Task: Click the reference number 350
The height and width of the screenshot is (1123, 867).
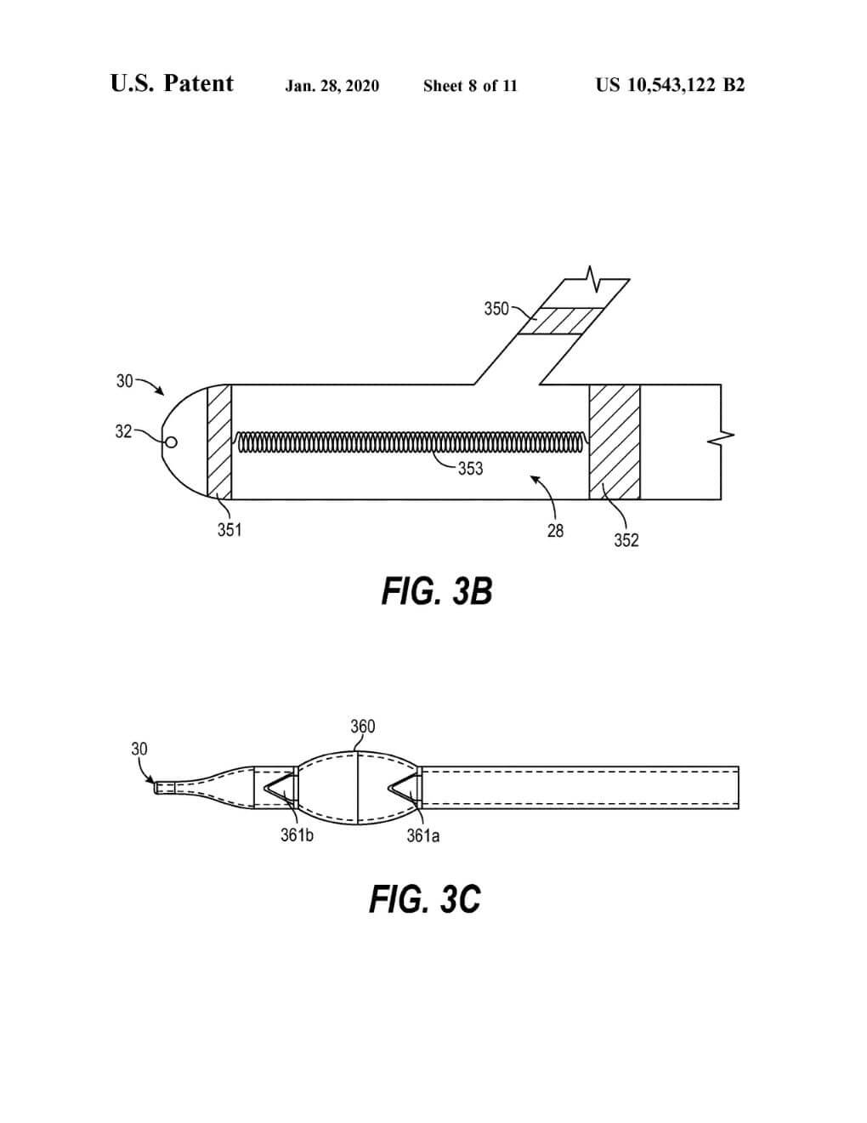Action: (496, 309)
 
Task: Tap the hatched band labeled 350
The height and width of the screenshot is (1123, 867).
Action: (558, 321)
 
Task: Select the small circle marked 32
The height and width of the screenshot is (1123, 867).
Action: (170, 442)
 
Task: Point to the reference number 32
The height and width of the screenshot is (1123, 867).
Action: (123, 431)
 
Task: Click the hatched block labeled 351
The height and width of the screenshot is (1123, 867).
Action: (219, 442)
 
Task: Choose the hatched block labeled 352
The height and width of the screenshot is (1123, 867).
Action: (615, 442)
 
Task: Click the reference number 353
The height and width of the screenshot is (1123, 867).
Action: (470, 469)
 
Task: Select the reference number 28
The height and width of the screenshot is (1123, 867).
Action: (555, 531)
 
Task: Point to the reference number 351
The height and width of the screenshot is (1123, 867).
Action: (229, 530)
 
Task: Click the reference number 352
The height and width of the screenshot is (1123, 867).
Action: (626, 540)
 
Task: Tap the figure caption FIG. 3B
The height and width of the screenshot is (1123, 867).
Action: (437, 591)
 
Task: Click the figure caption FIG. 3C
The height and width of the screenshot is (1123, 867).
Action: (425, 899)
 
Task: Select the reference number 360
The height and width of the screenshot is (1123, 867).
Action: (362, 726)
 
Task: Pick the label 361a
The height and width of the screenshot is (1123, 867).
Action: (423, 835)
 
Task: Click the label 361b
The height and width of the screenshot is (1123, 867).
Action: (297, 835)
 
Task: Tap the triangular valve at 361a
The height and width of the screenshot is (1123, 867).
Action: (404, 790)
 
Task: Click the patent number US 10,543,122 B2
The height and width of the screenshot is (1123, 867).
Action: (670, 84)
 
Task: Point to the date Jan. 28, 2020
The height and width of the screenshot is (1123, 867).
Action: (332, 85)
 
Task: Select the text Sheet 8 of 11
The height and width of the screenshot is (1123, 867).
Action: (470, 85)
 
